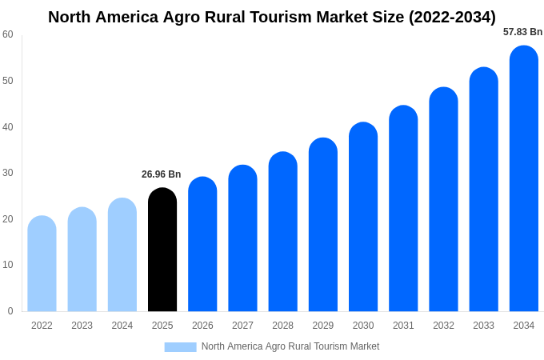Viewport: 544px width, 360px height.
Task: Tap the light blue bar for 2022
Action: (42, 264)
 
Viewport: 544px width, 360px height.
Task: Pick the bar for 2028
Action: (282, 232)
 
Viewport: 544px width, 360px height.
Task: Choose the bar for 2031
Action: (403, 209)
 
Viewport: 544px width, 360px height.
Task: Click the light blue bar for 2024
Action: (122, 255)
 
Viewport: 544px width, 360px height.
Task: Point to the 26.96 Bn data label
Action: (162, 174)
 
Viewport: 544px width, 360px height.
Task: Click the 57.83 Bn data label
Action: (522, 32)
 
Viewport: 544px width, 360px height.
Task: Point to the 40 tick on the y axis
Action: (8, 126)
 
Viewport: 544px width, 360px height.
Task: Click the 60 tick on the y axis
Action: (8, 34)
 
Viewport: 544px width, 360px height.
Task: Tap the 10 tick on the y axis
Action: (8, 265)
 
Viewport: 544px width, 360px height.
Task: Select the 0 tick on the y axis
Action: (10, 311)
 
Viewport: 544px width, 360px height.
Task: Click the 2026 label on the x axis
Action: (202, 326)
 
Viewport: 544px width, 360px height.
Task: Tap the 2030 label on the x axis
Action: (363, 326)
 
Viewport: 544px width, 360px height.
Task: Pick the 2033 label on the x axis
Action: (483, 326)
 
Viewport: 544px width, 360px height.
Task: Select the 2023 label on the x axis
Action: (82, 326)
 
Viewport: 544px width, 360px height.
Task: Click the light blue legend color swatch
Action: (180, 346)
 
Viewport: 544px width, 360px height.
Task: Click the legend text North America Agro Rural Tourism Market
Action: (290, 346)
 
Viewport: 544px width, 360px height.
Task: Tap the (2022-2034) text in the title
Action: (452, 17)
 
